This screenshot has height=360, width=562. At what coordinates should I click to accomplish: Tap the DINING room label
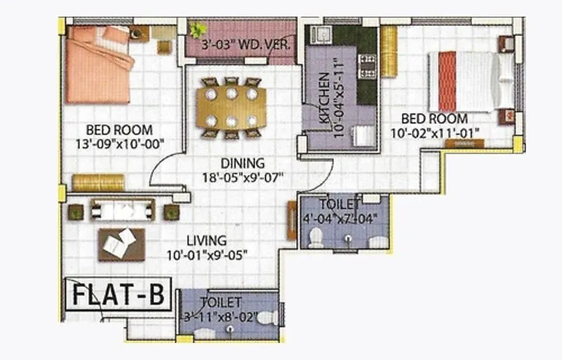244,163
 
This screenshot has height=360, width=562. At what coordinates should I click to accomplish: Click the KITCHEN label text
324,99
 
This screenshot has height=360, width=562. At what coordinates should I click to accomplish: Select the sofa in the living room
122,210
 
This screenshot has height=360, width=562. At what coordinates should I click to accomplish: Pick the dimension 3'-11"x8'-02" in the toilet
220,316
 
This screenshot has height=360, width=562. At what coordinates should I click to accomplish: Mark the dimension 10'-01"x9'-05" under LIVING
207,255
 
